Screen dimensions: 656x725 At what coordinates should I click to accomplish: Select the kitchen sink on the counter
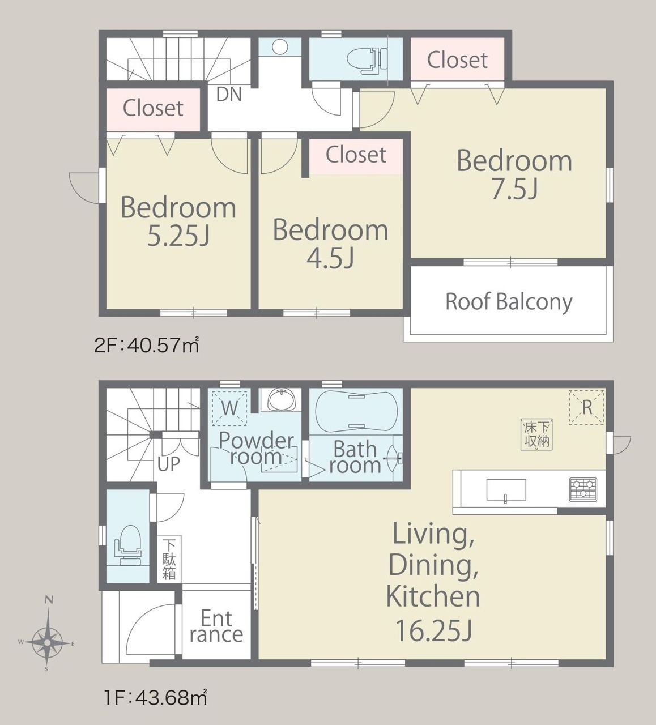coord(506,491)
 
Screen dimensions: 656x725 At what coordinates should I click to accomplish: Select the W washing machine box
coord(229,408)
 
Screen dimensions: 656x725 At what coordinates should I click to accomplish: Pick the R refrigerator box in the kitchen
coord(586,407)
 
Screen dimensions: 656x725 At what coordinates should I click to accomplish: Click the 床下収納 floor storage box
coord(536,435)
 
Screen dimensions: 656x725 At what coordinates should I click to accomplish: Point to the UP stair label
coord(168,463)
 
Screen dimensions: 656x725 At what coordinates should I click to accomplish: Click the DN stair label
coord(229,95)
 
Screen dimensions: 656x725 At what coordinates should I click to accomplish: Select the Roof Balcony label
coord(509,302)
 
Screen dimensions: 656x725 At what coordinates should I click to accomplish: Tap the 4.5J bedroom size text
coord(330,258)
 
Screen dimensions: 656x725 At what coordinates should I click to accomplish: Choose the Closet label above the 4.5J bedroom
coord(356,155)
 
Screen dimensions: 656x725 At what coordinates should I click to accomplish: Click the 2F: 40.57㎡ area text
coord(147,346)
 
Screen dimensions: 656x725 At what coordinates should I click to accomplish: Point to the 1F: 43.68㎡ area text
coord(155,698)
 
